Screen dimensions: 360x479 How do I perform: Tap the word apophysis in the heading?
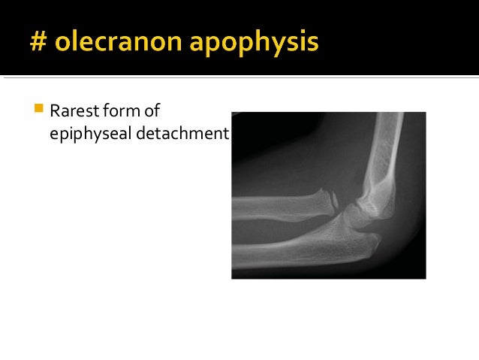pos(254,43)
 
